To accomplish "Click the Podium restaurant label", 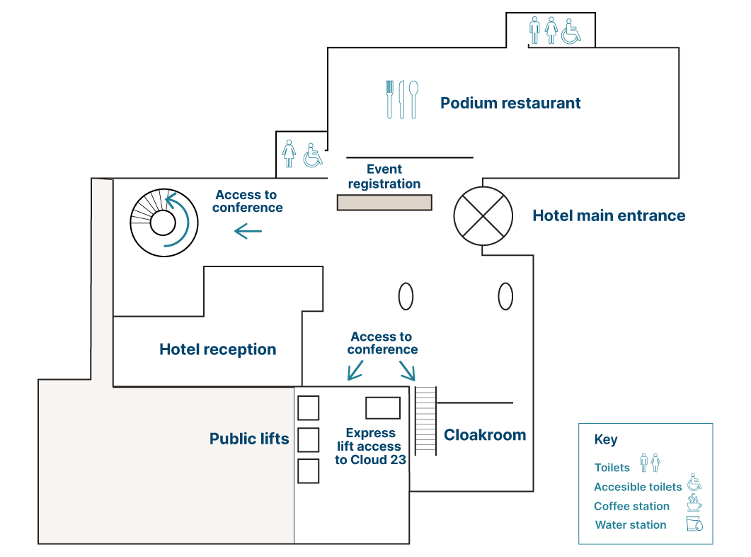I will [x=510, y=103].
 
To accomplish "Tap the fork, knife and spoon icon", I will [x=401, y=99].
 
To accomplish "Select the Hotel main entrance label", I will [x=609, y=215].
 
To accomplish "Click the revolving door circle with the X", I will [x=483, y=215].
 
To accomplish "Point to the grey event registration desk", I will [x=384, y=203].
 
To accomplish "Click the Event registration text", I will [x=384, y=176].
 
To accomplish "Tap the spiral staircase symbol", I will [x=164, y=223].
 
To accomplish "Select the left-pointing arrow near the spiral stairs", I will [x=248, y=231].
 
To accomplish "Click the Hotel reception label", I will [x=218, y=349].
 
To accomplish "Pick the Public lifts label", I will [x=249, y=439].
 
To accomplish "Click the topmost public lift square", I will [x=308, y=408].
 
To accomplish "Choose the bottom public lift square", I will [x=308, y=471].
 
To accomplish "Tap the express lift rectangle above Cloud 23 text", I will [x=383, y=408].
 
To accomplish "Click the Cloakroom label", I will [x=485, y=435].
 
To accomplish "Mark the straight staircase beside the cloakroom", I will [x=425, y=421].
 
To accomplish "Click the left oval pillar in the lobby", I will [x=406, y=296].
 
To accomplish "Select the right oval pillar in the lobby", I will [x=505, y=296].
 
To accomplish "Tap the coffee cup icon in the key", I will [x=694, y=504].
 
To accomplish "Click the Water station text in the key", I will [x=631, y=525].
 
